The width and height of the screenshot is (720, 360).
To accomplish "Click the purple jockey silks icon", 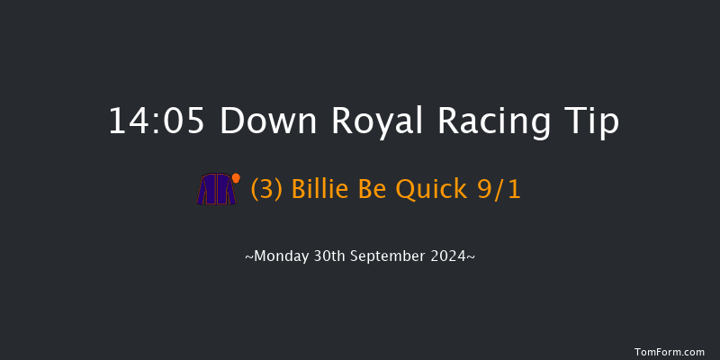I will pyautogui.click(x=216, y=190).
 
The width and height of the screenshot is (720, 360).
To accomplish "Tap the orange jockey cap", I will pyautogui.click(x=236, y=178).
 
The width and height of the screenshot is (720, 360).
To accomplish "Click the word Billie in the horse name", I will pyautogui.click(x=319, y=190).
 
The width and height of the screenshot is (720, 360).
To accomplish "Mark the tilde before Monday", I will pyautogui.click(x=248, y=256).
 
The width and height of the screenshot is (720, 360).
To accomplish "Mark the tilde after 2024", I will pyautogui.click(x=471, y=256).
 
